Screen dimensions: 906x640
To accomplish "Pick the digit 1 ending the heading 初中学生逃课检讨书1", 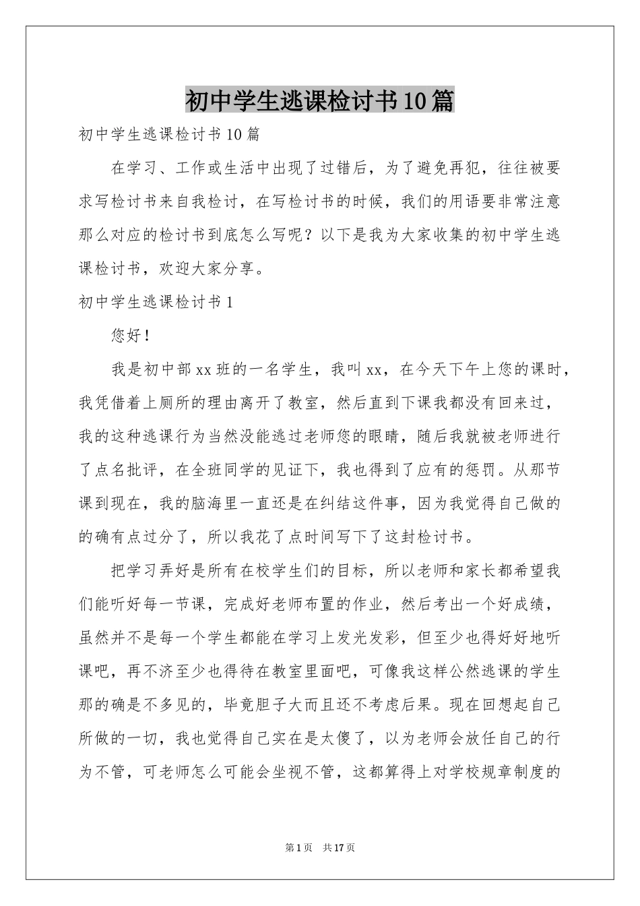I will coord(230,303).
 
